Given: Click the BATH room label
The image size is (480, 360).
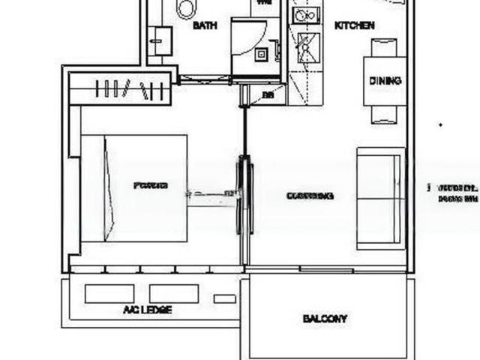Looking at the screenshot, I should click(205, 25).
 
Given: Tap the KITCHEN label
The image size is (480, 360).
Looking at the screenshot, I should click(354, 25).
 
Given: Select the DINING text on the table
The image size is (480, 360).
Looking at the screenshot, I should click(385, 81).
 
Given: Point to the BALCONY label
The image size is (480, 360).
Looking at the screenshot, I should click(325, 319).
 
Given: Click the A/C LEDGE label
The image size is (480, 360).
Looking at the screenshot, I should click(147, 310).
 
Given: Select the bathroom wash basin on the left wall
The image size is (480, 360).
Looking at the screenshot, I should click(160, 40).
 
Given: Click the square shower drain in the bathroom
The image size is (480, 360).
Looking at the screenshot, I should click(262, 54).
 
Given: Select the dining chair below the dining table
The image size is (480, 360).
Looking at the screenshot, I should click(384, 114).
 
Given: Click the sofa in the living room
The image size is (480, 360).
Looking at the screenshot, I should click(380, 198).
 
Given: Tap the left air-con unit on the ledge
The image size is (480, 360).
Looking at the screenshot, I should click(109, 293).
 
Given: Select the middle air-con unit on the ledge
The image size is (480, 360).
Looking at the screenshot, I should click(173, 293).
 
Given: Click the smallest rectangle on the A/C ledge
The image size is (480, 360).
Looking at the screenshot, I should click(224, 298).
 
